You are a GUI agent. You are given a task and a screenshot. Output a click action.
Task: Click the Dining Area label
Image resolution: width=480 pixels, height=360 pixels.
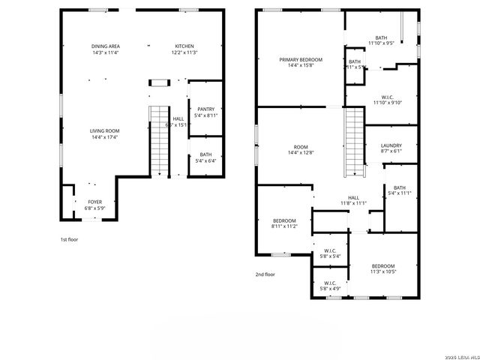[106, 46]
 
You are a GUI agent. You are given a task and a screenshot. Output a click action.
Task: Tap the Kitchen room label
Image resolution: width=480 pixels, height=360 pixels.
[184, 46]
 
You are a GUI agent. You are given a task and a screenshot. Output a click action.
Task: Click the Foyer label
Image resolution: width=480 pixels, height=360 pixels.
[95, 202]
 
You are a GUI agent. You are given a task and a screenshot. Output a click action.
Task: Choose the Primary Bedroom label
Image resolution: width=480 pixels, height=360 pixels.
[301, 59]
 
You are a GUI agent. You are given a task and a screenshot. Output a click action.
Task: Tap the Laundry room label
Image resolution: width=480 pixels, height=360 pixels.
[391, 145]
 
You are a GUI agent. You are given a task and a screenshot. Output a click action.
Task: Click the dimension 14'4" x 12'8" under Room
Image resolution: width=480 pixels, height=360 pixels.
[301, 154]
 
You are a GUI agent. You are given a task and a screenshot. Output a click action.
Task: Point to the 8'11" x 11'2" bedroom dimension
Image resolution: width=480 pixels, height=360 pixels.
[285, 226]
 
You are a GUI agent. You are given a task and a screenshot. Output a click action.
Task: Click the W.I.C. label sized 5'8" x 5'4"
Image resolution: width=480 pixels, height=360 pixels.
[330, 250]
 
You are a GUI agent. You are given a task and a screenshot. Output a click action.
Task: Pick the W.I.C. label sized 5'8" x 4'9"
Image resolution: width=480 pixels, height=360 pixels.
[330, 283]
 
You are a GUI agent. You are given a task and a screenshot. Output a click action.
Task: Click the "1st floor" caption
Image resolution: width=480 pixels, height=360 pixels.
[69, 239]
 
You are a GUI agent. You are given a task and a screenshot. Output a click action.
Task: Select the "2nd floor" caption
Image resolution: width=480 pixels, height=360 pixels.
[265, 274]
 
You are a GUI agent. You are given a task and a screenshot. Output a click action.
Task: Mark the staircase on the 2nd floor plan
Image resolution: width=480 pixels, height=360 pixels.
[354, 141]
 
